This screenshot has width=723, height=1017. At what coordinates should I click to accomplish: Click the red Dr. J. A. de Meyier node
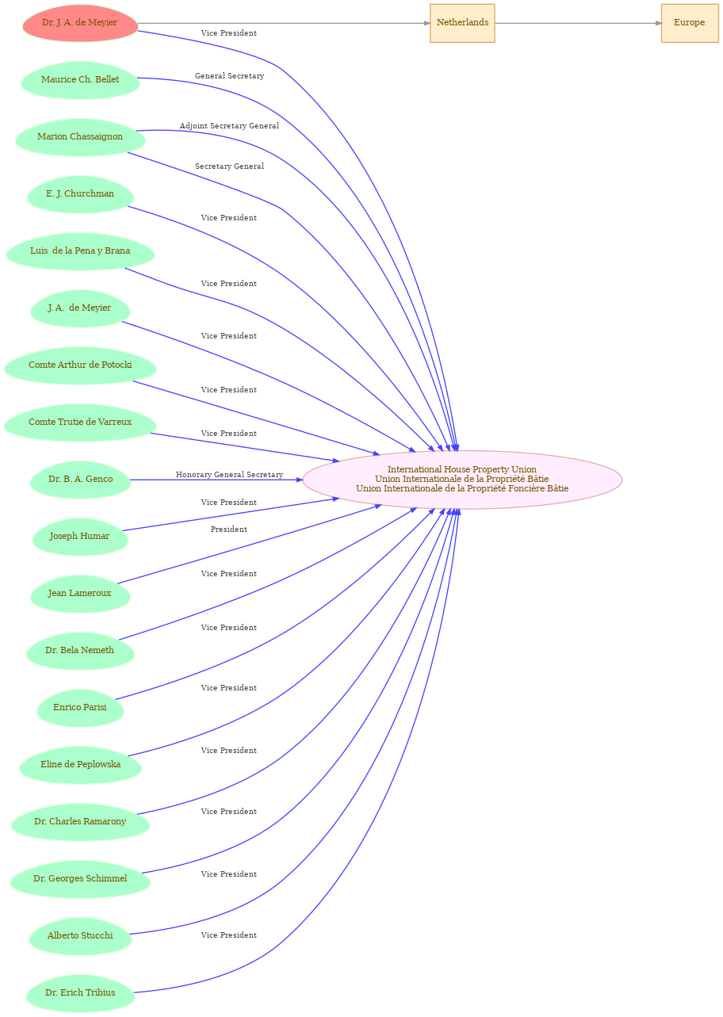tap(80, 23)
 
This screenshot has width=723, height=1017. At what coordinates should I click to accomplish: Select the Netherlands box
tap(462, 23)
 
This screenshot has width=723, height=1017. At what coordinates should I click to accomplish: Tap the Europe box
tap(690, 23)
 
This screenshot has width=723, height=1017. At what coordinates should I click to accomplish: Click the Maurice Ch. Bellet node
tap(80, 80)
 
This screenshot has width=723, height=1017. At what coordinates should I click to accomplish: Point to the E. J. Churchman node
tap(80, 194)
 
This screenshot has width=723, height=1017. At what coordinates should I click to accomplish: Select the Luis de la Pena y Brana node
tap(80, 251)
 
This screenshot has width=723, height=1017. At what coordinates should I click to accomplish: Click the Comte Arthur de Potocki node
tap(80, 366)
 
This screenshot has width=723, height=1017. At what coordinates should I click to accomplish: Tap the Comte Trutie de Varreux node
tap(80, 422)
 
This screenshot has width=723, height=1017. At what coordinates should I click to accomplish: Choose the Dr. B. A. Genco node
tap(80, 480)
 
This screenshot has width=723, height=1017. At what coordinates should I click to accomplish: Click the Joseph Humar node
tap(80, 537)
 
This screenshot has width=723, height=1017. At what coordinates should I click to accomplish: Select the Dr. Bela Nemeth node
tap(80, 651)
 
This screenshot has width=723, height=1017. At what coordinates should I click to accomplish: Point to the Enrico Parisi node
tap(80, 709)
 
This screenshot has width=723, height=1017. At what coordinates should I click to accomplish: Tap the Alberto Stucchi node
tap(80, 937)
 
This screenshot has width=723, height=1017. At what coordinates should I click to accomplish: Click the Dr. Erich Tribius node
tap(80, 993)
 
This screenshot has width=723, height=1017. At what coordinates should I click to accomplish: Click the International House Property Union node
tap(462, 480)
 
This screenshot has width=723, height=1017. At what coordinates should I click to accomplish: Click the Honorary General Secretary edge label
tap(229, 475)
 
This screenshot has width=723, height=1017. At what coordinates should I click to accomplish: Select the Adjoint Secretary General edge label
tap(229, 126)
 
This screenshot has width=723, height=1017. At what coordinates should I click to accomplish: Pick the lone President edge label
tap(229, 530)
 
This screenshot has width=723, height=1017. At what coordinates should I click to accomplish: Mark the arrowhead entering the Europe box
tap(659, 23)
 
